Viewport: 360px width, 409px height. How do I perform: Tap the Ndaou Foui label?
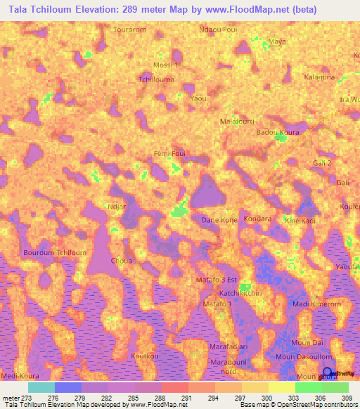click(217, 30)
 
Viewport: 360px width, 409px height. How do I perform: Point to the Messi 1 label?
click(167, 65)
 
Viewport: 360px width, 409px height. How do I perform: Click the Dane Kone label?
click(219, 220)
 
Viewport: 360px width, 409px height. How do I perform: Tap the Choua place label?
click(122, 260)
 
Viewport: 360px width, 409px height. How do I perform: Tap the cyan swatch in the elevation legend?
click(41, 387)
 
